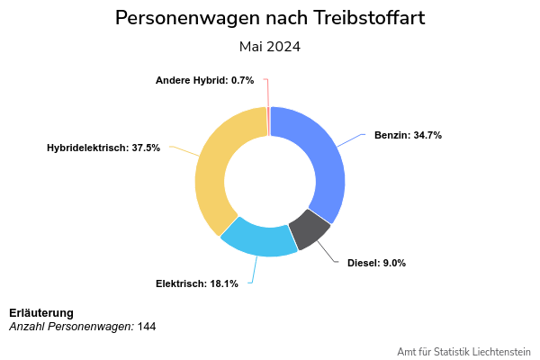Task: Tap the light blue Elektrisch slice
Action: click(259, 238)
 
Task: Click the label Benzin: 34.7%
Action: click(408, 135)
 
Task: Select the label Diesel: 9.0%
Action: click(376, 263)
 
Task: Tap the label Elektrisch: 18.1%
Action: click(197, 283)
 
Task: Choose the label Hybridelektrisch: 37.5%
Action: click(103, 148)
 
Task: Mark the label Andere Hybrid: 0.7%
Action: click(204, 80)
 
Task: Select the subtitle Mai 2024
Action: click(270, 47)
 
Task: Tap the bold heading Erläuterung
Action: click(41, 312)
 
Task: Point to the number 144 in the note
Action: click(147, 326)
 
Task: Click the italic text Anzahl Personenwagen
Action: click(71, 326)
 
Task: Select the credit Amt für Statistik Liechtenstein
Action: click(463, 351)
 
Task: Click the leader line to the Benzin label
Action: click(351, 141)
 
